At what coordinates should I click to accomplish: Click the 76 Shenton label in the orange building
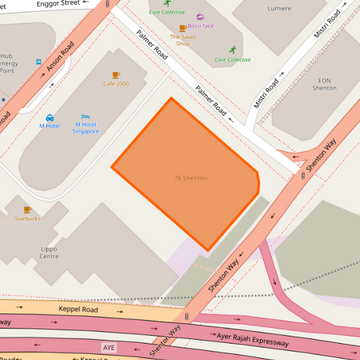click(x=190, y=178)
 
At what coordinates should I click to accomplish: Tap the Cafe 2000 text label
click(x=115, y=84)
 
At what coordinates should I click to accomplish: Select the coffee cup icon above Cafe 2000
click(x=115, y=74)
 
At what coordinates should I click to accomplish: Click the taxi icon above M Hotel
click(x=50, y=118)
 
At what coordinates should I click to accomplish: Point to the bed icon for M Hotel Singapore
click(x=86, y=117)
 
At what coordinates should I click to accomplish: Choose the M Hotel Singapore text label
click(x=86, y=128)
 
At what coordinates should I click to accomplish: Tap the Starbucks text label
click(x=27, y=219)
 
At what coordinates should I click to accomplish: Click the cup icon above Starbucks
click(x=27, y=209)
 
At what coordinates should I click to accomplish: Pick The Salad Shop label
click(x=182, y=40)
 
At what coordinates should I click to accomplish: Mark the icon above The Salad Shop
click(x=182, y=28)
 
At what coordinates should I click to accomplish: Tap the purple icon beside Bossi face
click(x=200, y=17)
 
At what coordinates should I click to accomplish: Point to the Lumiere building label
click(x=279, y=9)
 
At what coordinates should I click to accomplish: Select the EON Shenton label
click(x=324, y=84)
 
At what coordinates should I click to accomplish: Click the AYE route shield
click(x=108, y=347)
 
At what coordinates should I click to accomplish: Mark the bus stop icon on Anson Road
click(x=40, y=61)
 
